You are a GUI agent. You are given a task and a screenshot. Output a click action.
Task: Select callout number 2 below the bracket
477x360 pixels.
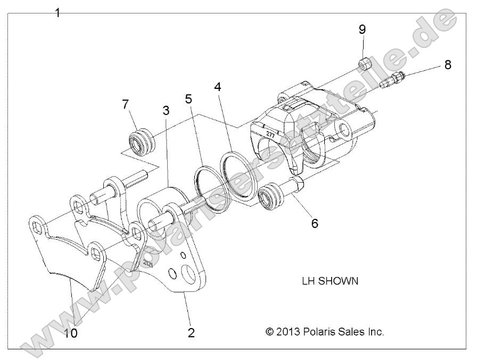tap(191, 333)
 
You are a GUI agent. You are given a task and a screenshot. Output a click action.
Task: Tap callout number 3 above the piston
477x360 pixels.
tap(166, 111)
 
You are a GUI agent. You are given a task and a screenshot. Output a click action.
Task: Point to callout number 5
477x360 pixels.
tap(188, 99)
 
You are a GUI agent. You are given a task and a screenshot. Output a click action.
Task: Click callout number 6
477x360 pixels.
tap(315, 223)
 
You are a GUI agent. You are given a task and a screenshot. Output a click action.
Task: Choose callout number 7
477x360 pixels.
tap(126, 104)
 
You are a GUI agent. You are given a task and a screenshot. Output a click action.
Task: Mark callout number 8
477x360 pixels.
tap(447, 65)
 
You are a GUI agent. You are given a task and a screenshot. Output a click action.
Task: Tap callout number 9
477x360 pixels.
tap(362, 29)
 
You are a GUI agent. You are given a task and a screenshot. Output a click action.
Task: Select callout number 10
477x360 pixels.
tap(70, 333)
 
